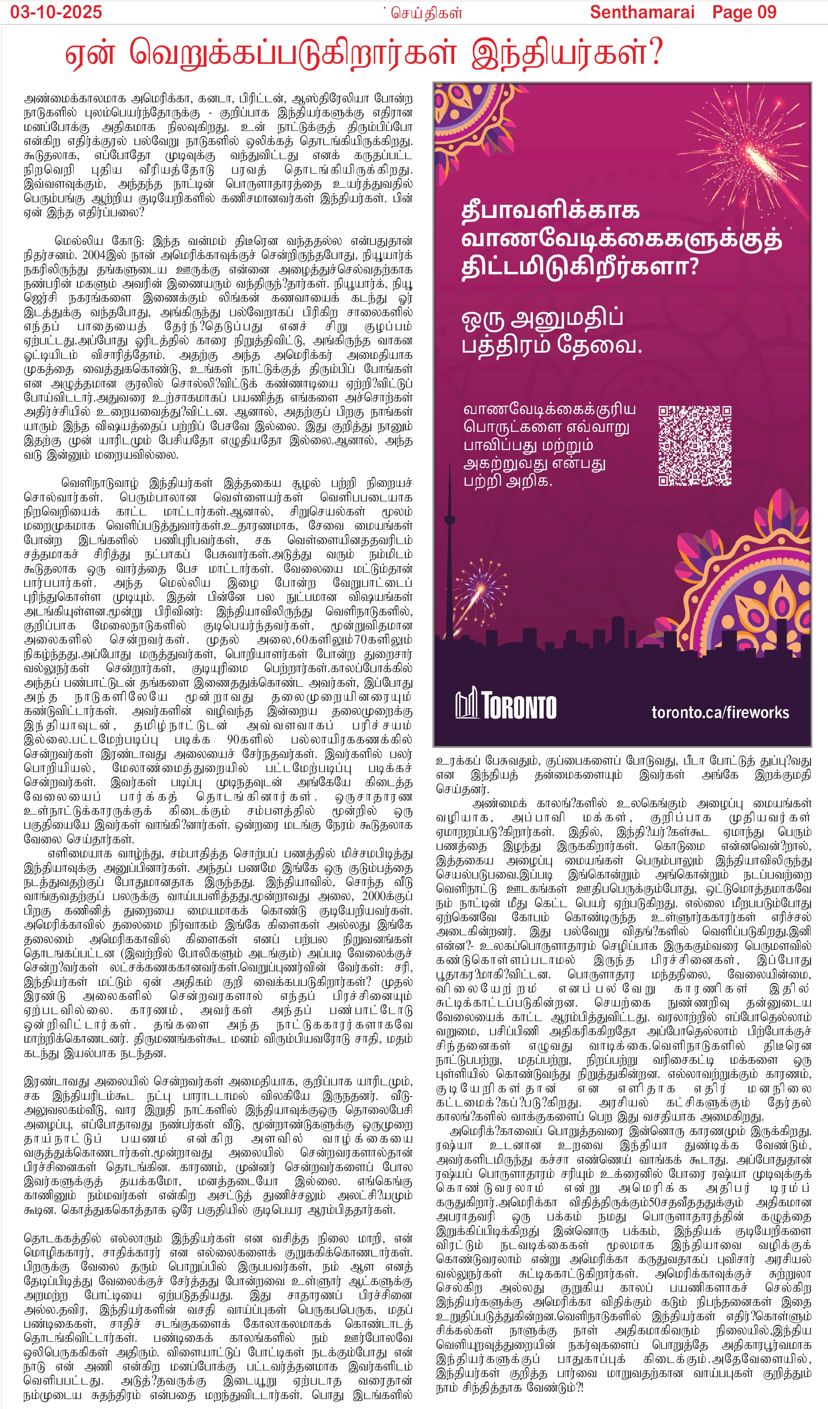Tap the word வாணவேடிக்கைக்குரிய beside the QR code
tap(549, 409)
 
